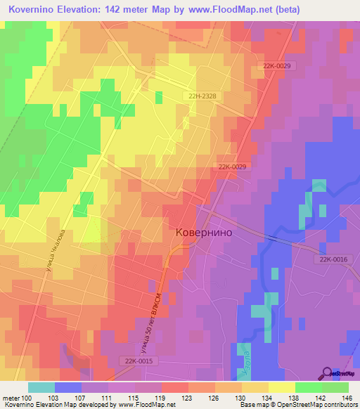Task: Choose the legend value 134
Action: coord(267,398)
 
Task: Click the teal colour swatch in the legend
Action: coord(41,387)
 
